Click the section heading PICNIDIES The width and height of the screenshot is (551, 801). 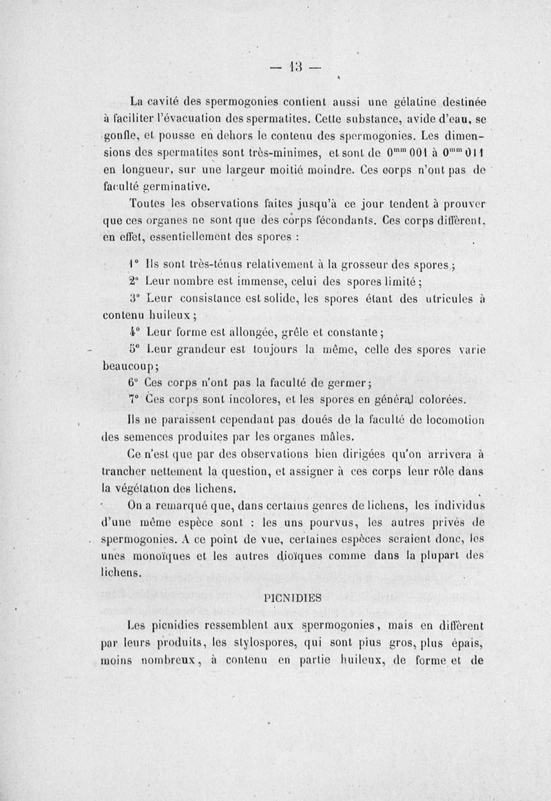(293, 598)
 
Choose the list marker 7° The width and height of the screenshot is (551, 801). (134, 400)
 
